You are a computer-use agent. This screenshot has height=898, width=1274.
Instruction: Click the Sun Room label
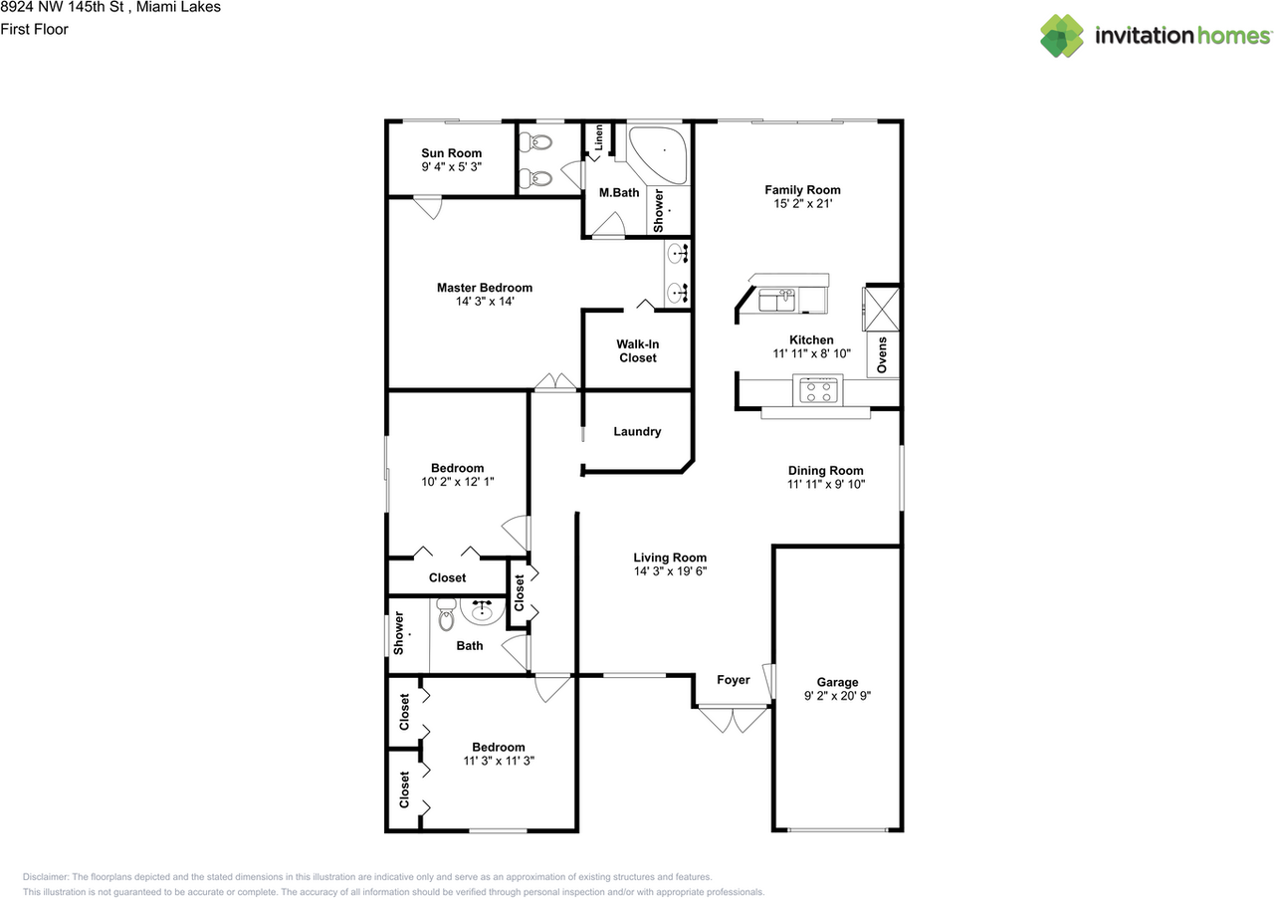(451, 153)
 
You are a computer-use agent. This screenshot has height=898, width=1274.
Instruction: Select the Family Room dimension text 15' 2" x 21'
(802, 204)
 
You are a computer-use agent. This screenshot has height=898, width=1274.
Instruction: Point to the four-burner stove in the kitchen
(819, 390)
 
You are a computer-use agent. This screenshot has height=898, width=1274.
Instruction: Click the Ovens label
(882, 355)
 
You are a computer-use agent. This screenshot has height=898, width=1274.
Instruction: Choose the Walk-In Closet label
(637, 350)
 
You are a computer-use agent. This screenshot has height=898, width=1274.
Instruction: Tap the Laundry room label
(637, 431)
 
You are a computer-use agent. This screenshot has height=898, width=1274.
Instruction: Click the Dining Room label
(825, 471)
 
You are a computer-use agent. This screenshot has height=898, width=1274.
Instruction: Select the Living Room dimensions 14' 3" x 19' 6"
(670, 571)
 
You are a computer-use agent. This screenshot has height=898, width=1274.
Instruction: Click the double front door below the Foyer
(733, 720)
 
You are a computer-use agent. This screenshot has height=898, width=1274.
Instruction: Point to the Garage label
(837, 682)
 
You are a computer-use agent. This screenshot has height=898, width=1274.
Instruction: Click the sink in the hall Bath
(483, 611)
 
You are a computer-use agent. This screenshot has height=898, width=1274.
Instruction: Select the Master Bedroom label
(484, 288)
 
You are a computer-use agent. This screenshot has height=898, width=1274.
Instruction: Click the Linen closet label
(598, 138)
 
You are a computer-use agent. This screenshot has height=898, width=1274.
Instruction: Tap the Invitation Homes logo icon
(1062, 36)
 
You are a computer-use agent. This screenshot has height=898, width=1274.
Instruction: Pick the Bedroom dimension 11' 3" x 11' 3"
(498, 761)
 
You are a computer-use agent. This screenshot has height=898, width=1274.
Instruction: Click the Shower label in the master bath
(658, 211)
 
